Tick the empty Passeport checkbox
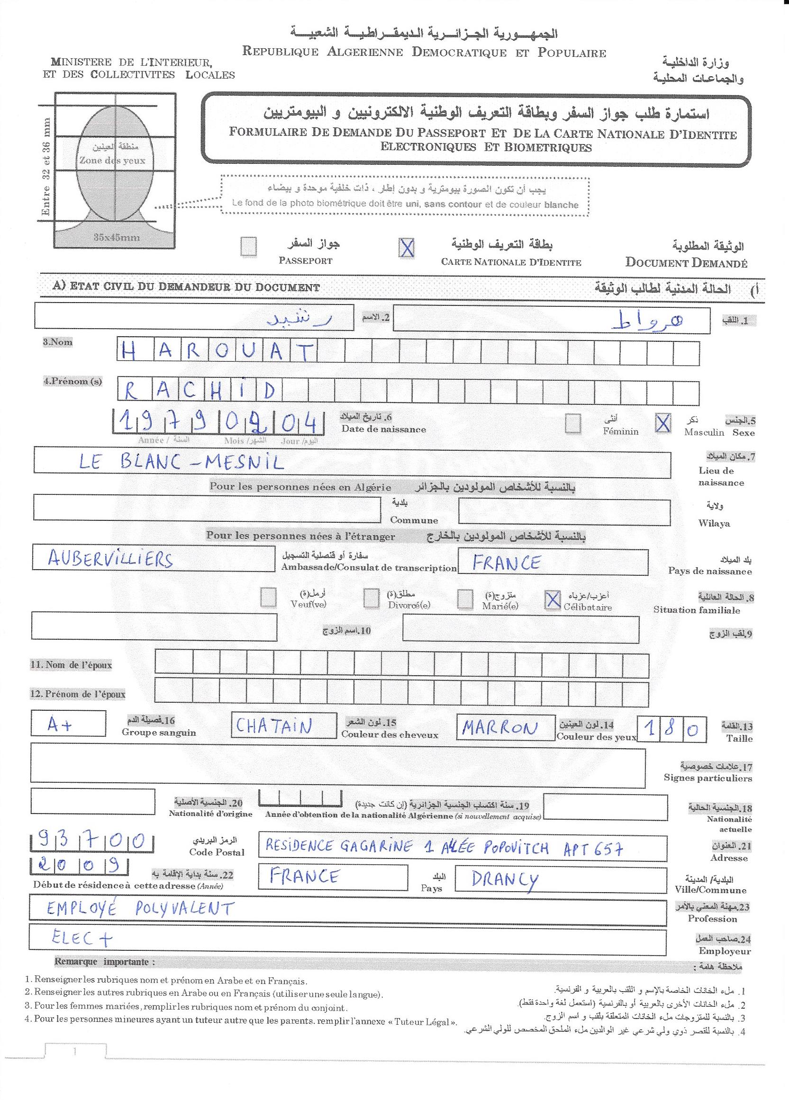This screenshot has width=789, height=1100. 248,246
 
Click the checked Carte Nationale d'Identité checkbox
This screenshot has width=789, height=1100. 406,248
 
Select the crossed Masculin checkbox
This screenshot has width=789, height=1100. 662,423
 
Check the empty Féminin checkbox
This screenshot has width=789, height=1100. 573,423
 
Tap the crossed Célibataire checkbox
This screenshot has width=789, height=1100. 552,600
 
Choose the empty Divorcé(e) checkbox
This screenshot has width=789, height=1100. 371,599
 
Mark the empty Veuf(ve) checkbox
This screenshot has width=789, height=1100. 268,598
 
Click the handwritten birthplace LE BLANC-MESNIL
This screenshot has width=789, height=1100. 181,463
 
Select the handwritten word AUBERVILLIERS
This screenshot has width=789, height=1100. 110,560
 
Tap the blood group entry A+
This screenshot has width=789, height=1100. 60,725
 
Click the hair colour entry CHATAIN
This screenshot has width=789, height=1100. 274,726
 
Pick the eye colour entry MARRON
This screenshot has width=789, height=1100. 500,728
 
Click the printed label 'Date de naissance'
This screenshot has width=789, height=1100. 383,429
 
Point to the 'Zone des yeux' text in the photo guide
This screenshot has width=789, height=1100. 112,161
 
